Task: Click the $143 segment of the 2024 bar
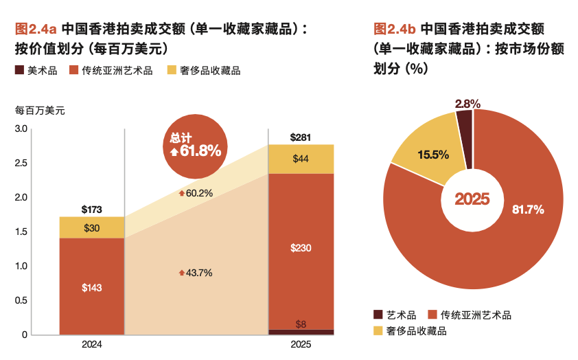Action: point(92,287)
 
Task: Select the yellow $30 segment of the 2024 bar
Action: point(92,227)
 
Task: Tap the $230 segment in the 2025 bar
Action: point(301,248)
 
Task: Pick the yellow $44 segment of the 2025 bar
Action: point(301,159)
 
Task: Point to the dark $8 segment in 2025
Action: point(301,332)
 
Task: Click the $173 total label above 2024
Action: point(92,208)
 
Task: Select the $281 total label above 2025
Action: point(301,137)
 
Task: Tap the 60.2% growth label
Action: point(196,193)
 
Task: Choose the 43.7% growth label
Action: point(196,273)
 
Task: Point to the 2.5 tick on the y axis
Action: point(21,163)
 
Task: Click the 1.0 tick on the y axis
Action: point(21,266)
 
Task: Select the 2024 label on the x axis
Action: point(92,344)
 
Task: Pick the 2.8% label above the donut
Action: point(467,103)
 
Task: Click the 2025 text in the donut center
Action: point(472,199)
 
